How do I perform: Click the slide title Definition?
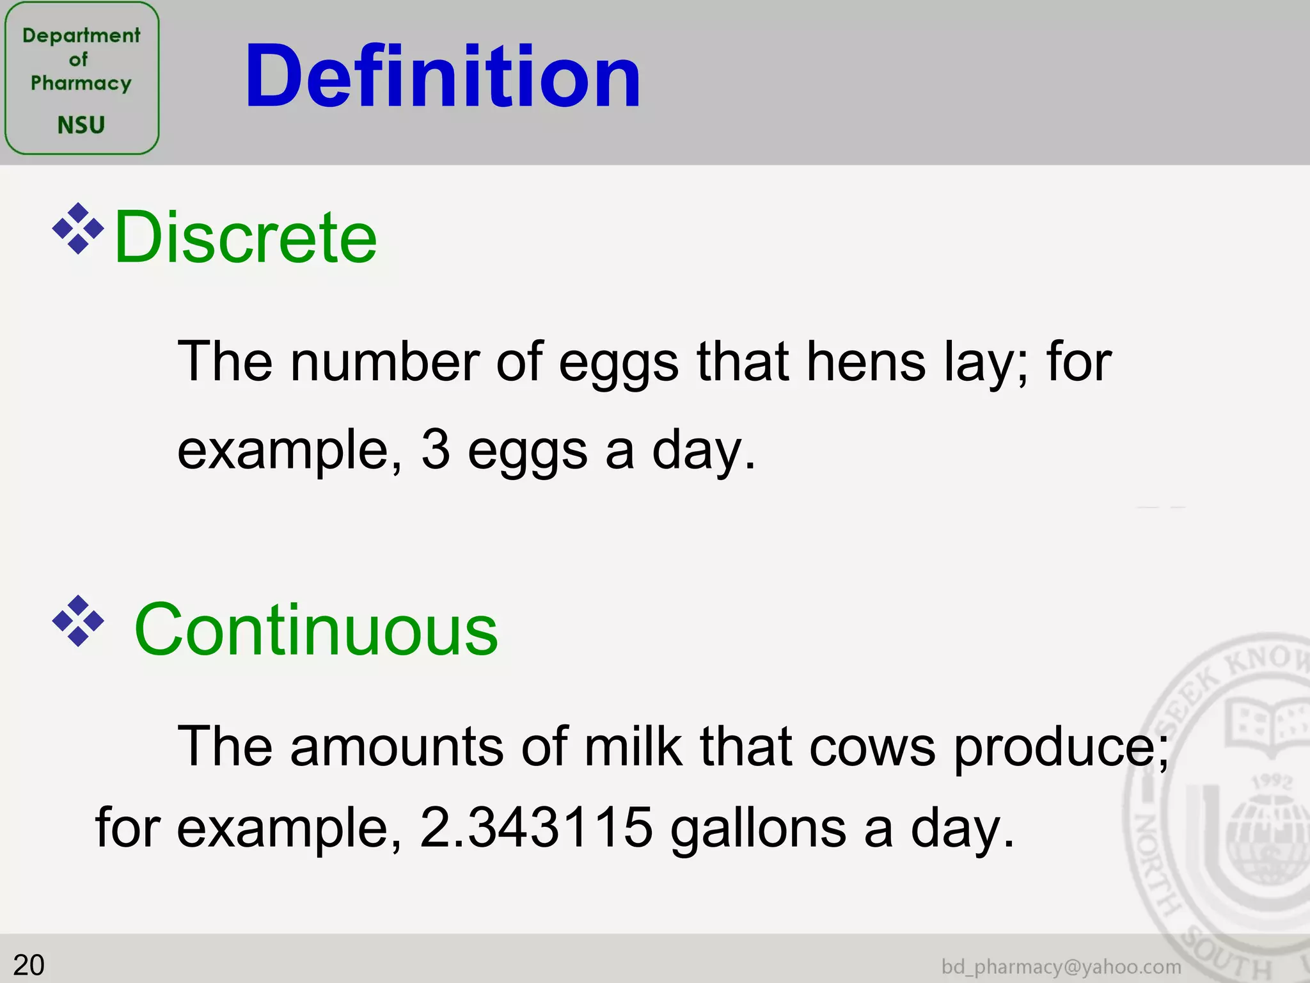pyautogui.click(x=443, y=77)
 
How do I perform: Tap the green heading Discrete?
pyautogui.click(x=246, y=237)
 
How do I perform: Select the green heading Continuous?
pyautogui.click(x=316, y=630)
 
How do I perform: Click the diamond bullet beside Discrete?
pyautogui.click(x=78, y=228)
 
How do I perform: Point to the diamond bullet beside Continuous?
pyautogui.click(x=78, y=621)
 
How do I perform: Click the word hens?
pyautogui.click(x=865, y=362)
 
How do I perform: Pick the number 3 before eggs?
pyautogui.click(x=436, y=449)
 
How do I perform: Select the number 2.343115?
pyautogui.click(x=536, y=827)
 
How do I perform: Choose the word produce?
pyautogui.click(x=1061, y=747)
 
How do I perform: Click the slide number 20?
pyautogui.click(x=29, y=965)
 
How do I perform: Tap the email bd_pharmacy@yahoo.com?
pyautogui.click(x=1061, y=966)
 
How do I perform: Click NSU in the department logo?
pyautogui.click(x=81, y=125)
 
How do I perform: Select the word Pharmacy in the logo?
pyautogui.click(x=81, y=83)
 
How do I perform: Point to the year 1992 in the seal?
pyautogui.click(x=1272, y=781)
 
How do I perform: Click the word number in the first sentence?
pyautogui.click(x=384, y=362)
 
